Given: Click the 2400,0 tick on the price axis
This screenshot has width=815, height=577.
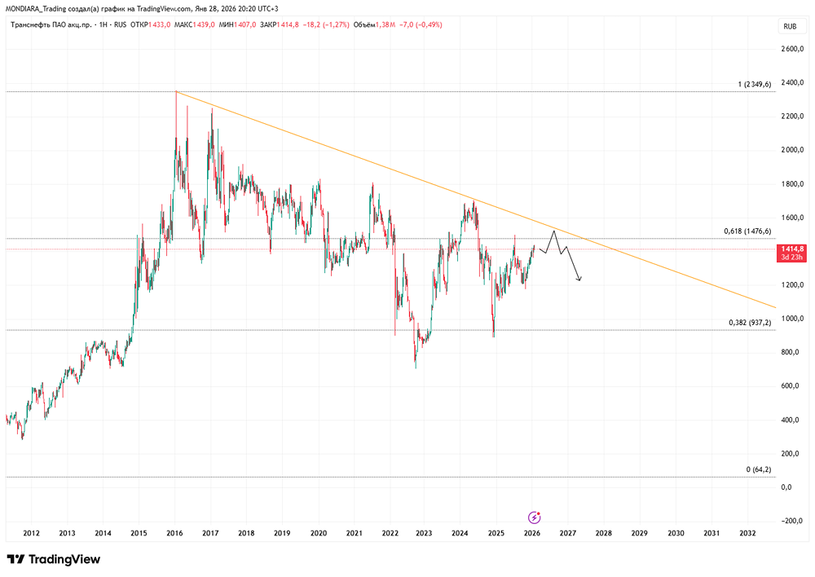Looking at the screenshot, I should (x=791, y=83).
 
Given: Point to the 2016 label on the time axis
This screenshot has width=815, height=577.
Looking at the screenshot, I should (x=174, y=534).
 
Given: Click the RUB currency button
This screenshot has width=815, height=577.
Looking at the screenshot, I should (x=789, y=27).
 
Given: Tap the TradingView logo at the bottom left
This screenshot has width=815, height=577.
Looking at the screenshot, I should (x=53, y=560).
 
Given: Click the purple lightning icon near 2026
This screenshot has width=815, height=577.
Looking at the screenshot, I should (x=534, y=518).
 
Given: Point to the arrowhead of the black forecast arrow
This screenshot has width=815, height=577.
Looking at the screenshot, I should (x=579, y=281).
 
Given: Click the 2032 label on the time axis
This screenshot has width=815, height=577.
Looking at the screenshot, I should (x=747, y=534).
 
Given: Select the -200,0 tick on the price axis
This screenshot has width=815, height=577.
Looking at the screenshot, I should (x=791, y=521).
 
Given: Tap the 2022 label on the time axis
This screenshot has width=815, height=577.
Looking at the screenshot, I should (x=389, y=534).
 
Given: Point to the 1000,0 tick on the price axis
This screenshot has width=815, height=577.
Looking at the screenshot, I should (x=791, y=319).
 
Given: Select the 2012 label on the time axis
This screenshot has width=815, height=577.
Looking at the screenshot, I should (x=32, y=534).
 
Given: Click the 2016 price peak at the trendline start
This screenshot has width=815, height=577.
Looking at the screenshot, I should (x=176, y=91).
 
